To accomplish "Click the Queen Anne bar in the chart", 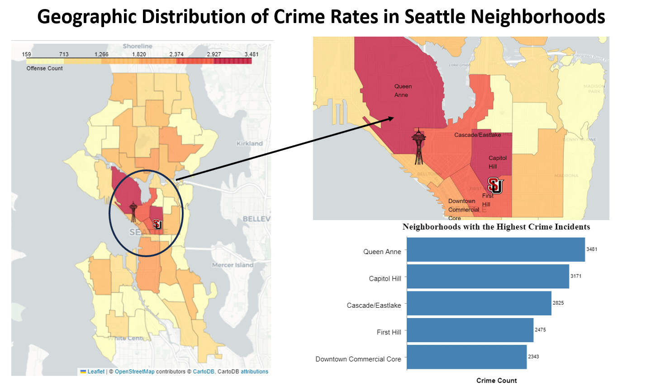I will coord(495,249).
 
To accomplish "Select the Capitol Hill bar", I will coord(488,277).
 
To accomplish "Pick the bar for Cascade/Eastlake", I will coord(479,303).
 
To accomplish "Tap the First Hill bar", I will coord(470,330).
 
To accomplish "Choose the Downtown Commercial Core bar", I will coord(466,357).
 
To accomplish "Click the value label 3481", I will coord(592,249).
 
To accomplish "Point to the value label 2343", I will coord(533,357).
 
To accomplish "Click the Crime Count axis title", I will coord(496,380).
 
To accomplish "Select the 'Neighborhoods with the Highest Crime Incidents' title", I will coord(496,227).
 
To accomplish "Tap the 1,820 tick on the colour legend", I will coord(139,54).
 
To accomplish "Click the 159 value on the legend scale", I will coord(27,54).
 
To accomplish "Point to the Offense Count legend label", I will coord(44,68).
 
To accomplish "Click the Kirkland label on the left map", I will coord(249,144).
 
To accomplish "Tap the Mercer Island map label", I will coord(233,265).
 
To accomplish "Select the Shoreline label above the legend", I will coord(138,46).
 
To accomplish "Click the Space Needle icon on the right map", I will coord(419,146).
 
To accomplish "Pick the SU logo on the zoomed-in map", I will coord(495,185).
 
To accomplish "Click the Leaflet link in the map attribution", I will coord(96,371).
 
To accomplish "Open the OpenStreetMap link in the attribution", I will coord(134,371).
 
